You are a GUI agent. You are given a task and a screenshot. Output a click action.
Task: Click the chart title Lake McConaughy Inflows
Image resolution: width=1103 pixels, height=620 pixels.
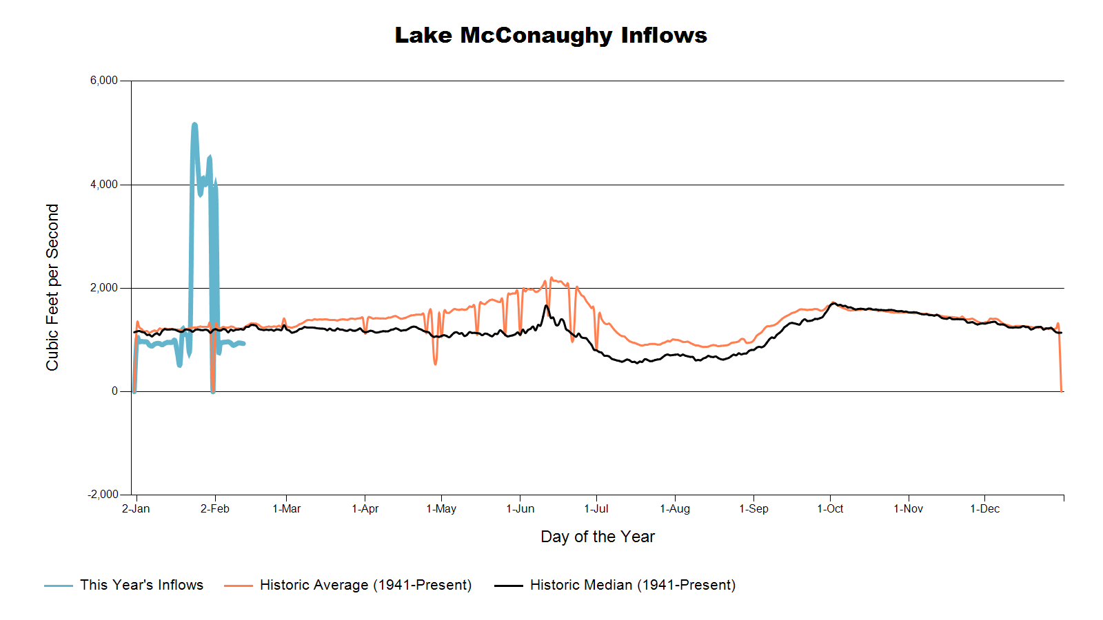click(x=551, y=35)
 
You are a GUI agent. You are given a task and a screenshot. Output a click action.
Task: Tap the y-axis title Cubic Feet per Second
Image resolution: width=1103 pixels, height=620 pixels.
click(x=52, y=287)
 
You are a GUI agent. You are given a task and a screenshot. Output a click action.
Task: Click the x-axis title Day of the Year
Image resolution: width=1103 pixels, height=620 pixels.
click(x=597, y=537)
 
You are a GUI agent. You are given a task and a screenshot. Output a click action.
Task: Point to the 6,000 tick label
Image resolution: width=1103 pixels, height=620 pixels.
click(x=104, y=81)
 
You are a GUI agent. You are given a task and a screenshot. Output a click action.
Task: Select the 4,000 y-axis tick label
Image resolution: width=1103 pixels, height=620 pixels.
click(x=104, y=185)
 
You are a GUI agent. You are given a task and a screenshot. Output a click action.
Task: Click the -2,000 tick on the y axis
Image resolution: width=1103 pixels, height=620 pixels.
click(x=103, y=495)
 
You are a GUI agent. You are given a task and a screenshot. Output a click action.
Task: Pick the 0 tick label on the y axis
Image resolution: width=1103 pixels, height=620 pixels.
click(x=114, y=391)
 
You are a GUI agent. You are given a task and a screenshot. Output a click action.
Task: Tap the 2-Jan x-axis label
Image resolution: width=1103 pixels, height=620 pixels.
click(x=136, y=509)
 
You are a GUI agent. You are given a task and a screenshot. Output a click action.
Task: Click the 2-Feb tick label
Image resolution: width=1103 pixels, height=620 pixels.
click(x=215, y=509)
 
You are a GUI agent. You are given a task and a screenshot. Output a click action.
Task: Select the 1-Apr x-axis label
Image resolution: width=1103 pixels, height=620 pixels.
click(x=365, y=509)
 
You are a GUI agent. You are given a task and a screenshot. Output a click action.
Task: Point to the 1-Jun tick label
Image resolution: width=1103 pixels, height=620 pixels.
click(x=520, y=509)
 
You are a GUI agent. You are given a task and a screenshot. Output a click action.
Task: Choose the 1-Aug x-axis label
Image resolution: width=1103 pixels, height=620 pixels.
click(x=675, y=509)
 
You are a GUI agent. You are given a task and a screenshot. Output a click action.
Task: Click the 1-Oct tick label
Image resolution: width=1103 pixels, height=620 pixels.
click(x=830, y=509)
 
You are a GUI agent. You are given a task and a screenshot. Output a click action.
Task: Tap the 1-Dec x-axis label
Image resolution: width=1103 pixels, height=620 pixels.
click(x=984, y=509)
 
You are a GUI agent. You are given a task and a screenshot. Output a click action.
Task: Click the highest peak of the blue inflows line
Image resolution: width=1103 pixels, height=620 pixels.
click(x=194, y=124)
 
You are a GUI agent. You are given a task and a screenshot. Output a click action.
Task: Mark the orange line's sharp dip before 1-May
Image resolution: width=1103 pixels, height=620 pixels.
click(x=435, y=363)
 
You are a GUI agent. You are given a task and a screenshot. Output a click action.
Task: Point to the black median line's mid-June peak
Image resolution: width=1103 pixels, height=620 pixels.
click(x=546, y=305)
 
